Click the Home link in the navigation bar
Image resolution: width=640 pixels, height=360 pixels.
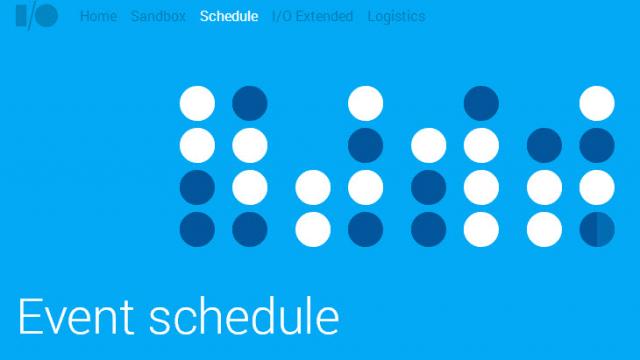[x=98, y=16]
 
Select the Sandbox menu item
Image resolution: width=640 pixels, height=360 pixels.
[x=158, y=16]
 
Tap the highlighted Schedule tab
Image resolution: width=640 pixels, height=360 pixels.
[x=229, y=16]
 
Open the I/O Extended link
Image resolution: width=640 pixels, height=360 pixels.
[x=312, y=16]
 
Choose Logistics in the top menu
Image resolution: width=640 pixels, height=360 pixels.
[x=396, y=16]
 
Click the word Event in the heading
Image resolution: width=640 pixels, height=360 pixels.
[x=76, y=316]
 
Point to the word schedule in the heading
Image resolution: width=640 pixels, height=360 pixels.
[x=244, y=316]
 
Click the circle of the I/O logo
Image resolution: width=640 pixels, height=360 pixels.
[x=46, y=17]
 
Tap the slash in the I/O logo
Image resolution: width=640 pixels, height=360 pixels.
[x=27, y=17]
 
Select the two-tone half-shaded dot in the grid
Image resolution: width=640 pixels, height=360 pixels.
[x=597, y=229]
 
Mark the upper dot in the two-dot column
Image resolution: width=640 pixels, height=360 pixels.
[x=313, y=187]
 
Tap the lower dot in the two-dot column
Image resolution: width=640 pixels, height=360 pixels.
[x=313, y=229]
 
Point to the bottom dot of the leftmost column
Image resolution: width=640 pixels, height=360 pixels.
[x=197, y=229]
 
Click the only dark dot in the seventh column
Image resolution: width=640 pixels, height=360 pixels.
[x=544, y=145]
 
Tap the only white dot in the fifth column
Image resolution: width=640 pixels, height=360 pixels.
[x=429, y=145]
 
